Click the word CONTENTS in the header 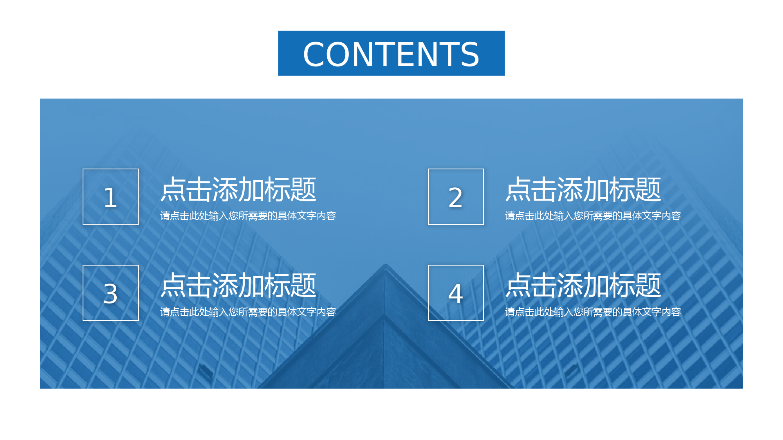[x=391, y=54]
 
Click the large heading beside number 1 [x=238, y=189]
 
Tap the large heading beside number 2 [x=583, y=189]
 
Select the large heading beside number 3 [x=238, y=285]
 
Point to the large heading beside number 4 [x=583, y=285]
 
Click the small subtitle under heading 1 [x=248, y=216]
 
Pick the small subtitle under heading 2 [x=593, y=216]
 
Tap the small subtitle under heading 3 [x=248, y=312]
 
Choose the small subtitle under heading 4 [x=593, y=312]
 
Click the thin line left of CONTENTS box [x=224, y=53]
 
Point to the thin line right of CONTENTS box [x=559, y=53]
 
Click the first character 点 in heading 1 [x=173, y=189]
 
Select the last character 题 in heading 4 [x=648, y=285]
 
